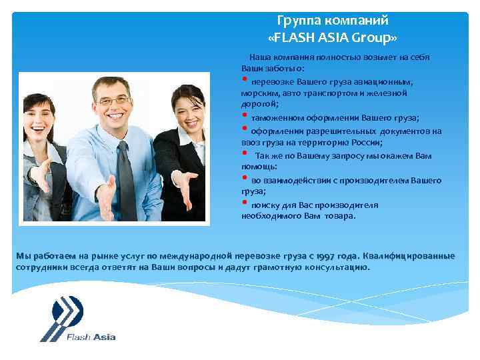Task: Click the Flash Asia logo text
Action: [x=91, y=337]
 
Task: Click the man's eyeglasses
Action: [x=113, y=101]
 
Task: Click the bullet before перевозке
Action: [x=245, y=80]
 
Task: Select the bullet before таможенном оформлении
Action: [x=245, y=117]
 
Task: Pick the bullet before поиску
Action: [x=245, y=203]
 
